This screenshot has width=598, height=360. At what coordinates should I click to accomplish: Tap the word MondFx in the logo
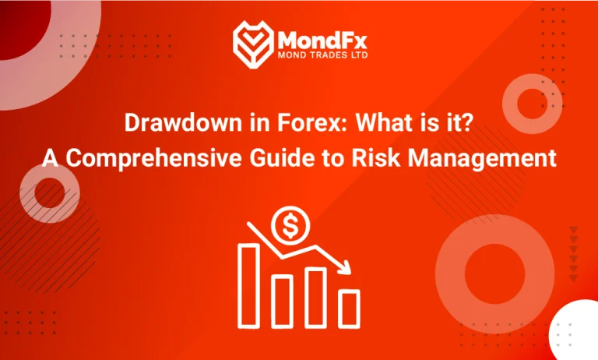[319, 37]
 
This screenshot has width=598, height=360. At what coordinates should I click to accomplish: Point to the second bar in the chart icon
[282, 298]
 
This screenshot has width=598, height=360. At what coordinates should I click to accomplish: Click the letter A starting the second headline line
[48, 159]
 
